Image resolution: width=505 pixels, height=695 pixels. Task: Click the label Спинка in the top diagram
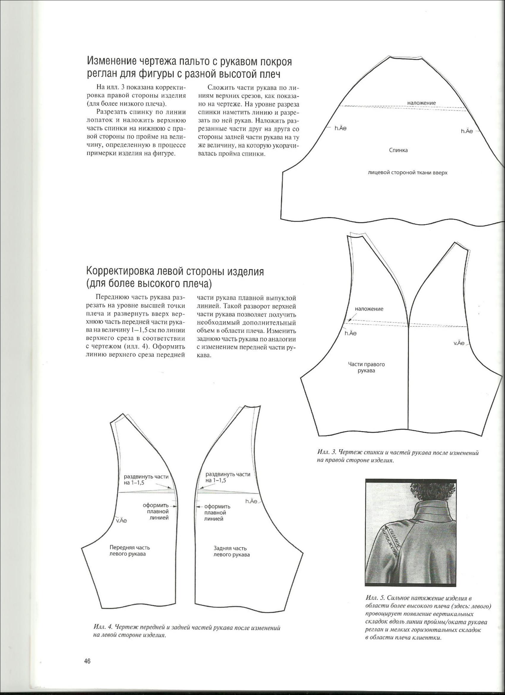[398, 150]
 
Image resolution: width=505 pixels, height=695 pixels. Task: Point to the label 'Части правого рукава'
[366, 367]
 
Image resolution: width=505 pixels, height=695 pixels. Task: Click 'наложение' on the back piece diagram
[421, 103]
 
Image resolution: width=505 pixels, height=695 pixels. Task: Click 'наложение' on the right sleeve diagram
[369, 309]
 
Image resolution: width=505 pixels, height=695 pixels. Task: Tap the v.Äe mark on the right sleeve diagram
[459, 343]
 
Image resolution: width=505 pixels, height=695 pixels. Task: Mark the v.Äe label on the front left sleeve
[121, 520]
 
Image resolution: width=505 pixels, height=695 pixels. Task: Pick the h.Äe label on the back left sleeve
[251, 501]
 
